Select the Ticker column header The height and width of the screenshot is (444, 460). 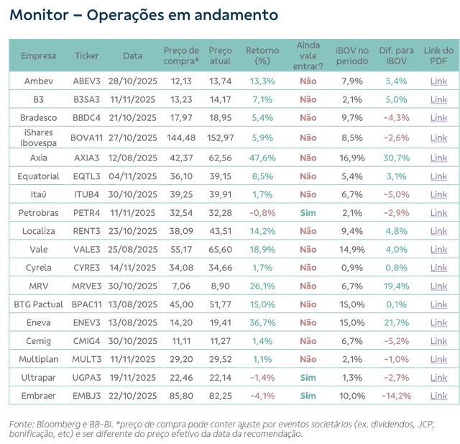click(x=87, y=55)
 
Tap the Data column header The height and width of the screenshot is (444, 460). click(x=132, y=55)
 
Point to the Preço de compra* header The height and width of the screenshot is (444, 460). click(x=181, y=55)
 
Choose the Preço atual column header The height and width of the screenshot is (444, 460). click(x=221, y=55)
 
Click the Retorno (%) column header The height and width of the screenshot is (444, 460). click(x=262, y=55)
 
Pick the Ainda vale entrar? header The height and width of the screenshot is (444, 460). click(x=308, y=55)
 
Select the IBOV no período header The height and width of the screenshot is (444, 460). click(x=351, y=55)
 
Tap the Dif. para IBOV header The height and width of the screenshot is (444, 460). click(x=397, y=55)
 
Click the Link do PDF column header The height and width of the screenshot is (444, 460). click(x=438, y=55)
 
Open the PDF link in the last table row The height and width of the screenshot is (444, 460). click(x=438, y=394)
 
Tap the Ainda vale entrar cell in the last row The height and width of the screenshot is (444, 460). click(x=308, y=394)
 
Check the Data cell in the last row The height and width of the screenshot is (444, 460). click(x=132, y=394)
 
